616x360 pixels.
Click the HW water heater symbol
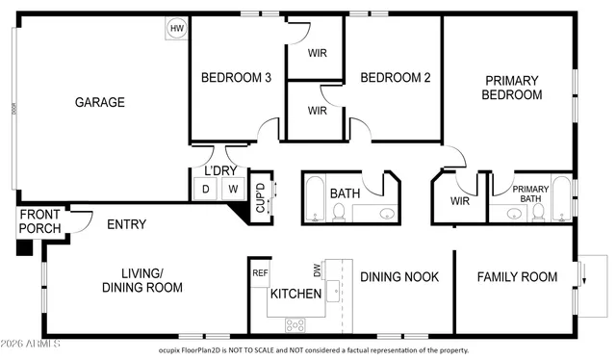click(x=176, y=29)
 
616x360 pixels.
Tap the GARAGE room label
click(x=100, y=102)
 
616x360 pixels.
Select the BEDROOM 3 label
click(x=235, y=78)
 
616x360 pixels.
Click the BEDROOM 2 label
click(x=395, y=78)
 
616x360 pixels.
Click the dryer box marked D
click(x=205, y=190)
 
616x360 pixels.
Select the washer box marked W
click(x=232, y=190)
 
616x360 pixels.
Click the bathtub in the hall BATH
click(x=316, y=199)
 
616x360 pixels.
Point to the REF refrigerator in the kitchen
click(x=259, y=273)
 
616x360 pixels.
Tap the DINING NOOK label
click(x=399, y=277)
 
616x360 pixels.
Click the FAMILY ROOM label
click(x=518, y=277)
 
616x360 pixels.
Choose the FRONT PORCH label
click(x=40, y=221)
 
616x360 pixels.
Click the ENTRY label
click(x=126, y=224)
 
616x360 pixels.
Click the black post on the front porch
click(x=23, y=247)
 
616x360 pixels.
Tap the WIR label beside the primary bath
click(x=460, y=201)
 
